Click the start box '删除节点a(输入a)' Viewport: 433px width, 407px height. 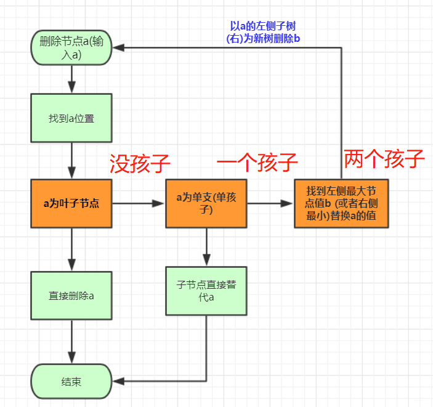pyautogui.click(x=71, y=47)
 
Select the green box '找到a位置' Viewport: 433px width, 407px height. pyautogui.click(x=71, y=118)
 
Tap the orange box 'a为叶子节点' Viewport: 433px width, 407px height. pyautogui.click(x=71, y=203)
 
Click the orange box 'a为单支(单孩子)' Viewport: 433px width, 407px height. pyautogui.click(x=206, y=203)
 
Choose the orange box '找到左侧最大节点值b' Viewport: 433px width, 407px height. pyautogui.click(x=341, y=203)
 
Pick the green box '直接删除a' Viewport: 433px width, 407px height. pyautogui.click(x=71, y=295)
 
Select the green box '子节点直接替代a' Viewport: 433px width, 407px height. pyautogui.click(x=206, y=290)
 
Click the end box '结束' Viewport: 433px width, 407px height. pyautogui.click(x=71, y=381)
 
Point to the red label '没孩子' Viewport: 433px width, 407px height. pyautogui.click(x=140, y=164)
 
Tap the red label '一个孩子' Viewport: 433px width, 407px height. pyautogui.click(x=257, y=163)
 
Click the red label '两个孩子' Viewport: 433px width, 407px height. pyautogui.click(x=384, y=159)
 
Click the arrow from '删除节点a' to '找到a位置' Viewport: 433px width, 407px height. pyautogui.click(x=71, y=78)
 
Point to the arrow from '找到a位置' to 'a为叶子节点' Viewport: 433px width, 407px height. pyautogui.click(x=71, y=161)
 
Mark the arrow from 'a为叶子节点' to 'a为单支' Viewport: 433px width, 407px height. pyautogui.click(x=139, y=203)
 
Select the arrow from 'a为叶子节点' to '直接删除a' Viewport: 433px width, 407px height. pyautogui.click(x=71, y=249)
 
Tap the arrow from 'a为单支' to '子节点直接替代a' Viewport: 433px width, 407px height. pyautogui.click(x=206, y=246)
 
